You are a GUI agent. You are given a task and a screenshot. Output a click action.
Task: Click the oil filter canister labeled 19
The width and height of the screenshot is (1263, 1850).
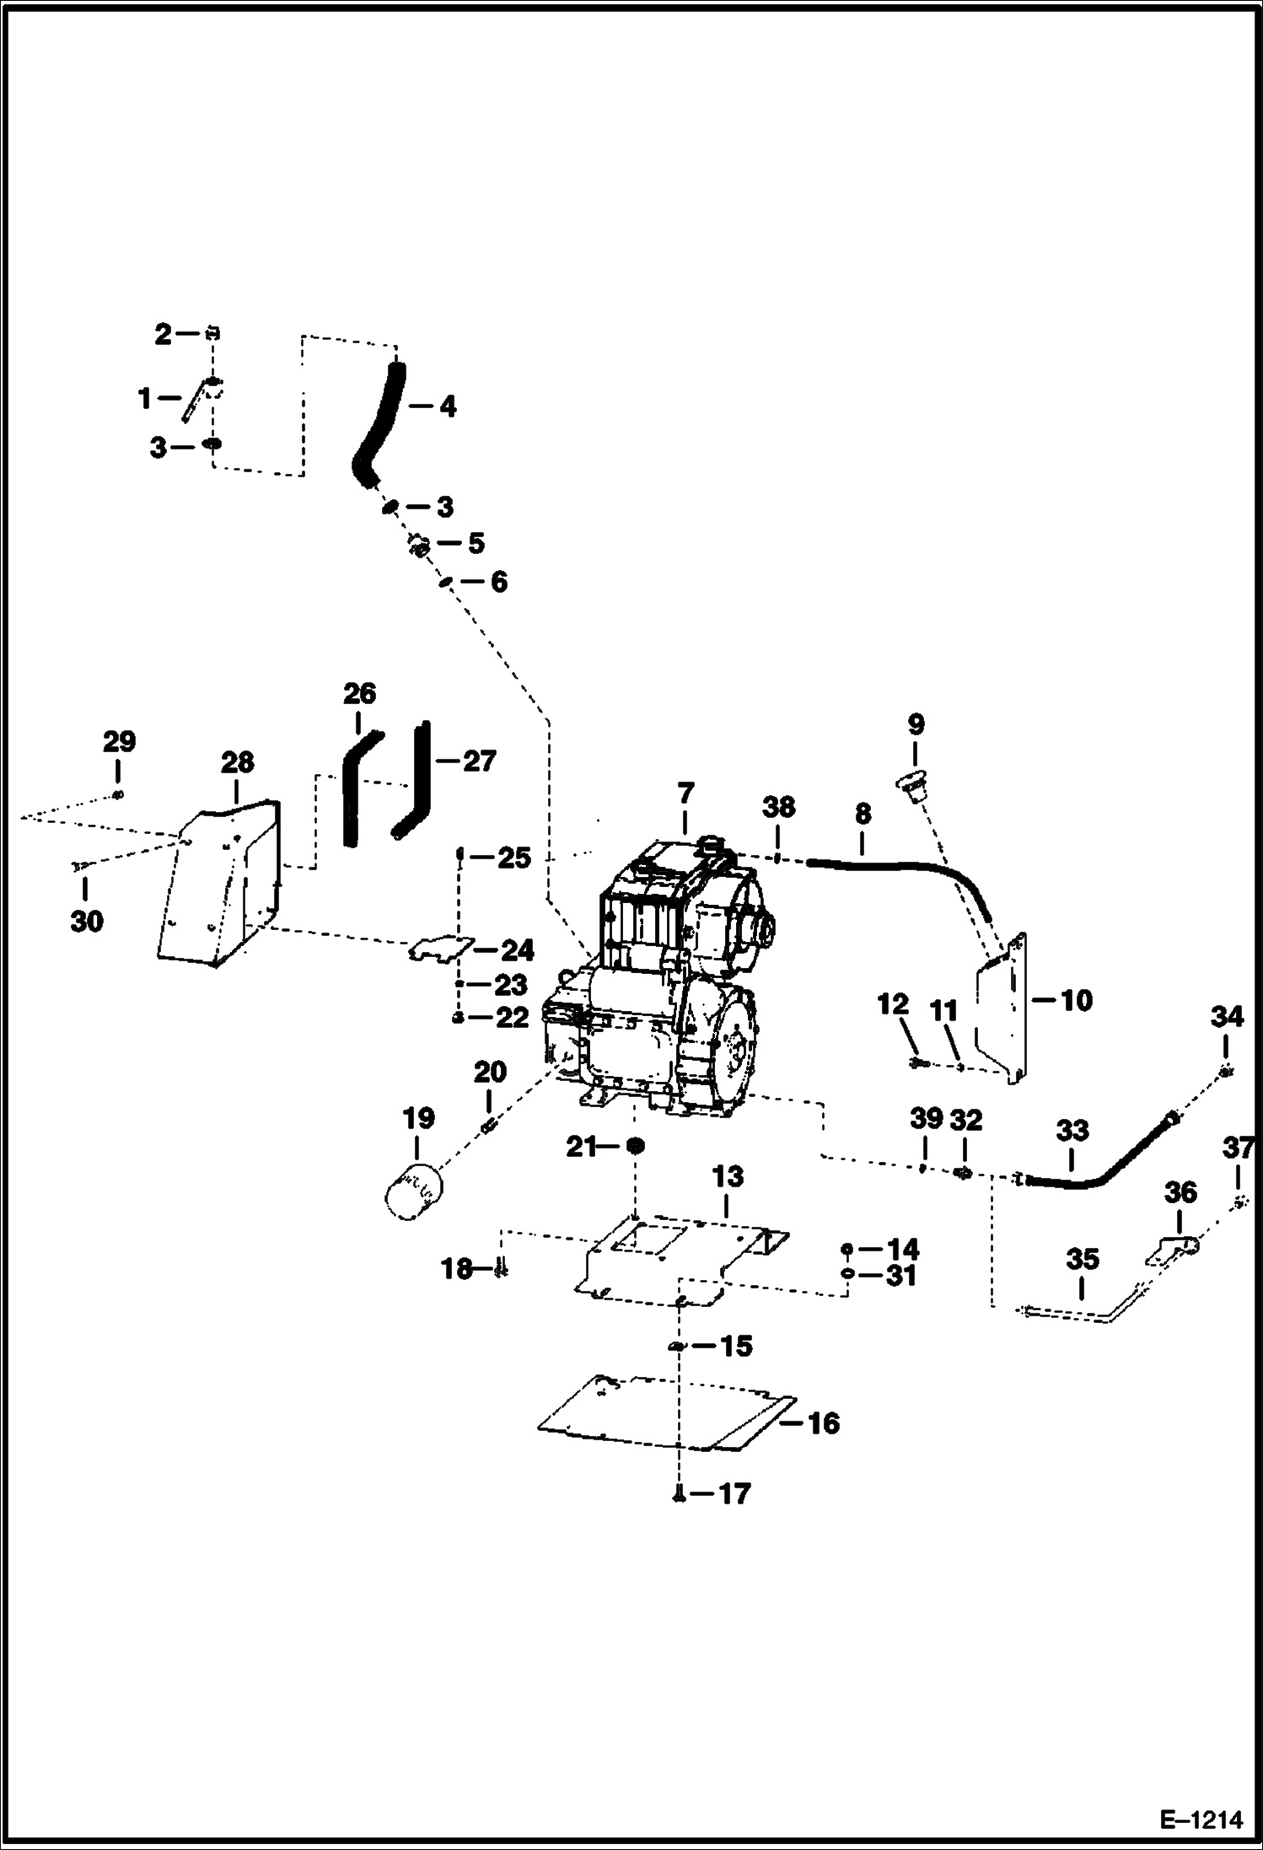click(x=413, y=1190)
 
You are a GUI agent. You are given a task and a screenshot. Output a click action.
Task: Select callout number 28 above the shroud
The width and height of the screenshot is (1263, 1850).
click(x=237, y=762)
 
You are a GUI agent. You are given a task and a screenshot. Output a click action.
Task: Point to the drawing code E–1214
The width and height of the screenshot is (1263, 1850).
click(x=1201, y=1819)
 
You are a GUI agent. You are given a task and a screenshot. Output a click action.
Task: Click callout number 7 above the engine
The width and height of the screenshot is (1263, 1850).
click(x=685, y=793)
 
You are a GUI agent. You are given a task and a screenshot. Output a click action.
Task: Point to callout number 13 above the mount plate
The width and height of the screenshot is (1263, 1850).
click(x=728, y=1176)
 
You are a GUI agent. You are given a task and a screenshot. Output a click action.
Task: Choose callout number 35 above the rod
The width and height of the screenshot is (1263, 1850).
click(x=1083, y=1259)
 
